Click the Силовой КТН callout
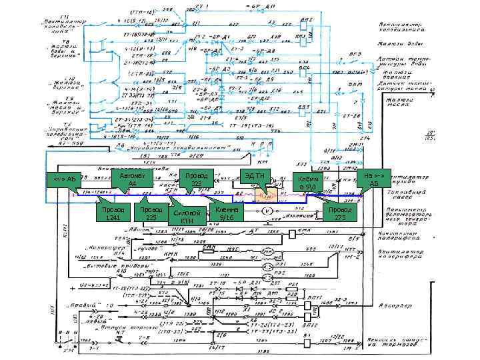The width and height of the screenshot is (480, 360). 187,217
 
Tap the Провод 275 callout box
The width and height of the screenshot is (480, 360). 341,213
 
